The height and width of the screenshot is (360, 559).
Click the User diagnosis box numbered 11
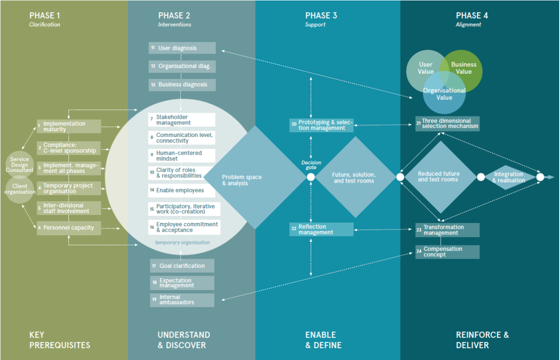182,48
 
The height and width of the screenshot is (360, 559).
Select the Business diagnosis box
182,85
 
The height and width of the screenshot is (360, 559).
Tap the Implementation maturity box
69,126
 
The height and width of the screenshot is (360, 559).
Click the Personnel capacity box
69,228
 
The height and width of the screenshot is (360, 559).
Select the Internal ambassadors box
182,300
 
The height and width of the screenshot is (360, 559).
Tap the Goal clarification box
182,266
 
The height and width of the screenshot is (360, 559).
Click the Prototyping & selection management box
322,126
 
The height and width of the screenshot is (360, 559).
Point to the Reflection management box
322,229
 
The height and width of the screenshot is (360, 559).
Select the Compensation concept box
447,252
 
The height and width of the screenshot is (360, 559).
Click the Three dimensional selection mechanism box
447,124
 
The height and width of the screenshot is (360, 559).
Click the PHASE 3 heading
321,16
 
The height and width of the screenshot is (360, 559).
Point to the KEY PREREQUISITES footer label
59,340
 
